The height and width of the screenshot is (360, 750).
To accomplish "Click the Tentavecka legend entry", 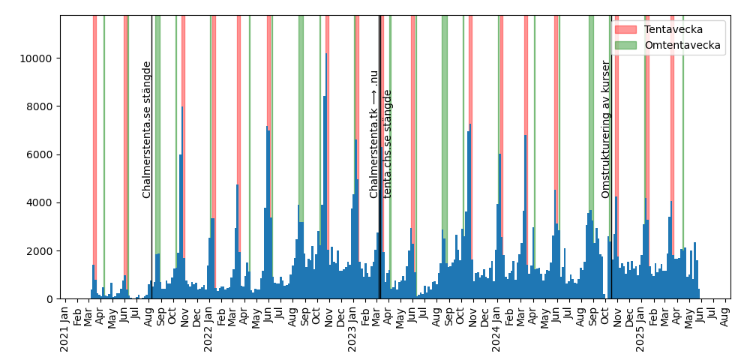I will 673,28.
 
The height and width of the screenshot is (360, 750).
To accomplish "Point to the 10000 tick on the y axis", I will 39,58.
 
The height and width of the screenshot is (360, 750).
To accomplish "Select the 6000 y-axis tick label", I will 42,154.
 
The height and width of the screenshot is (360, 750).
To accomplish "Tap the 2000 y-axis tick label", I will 42,250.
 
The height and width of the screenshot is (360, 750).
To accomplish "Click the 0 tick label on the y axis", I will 51,299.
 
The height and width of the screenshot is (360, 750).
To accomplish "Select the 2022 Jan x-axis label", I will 209,328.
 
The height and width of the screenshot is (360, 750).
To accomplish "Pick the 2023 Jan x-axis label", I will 353,328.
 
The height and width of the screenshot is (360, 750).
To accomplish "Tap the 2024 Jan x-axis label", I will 496,328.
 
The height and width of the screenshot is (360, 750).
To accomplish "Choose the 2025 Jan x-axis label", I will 640,328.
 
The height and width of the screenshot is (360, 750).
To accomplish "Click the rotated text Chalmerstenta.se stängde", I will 147,130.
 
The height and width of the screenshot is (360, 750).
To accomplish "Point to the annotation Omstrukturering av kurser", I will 606,130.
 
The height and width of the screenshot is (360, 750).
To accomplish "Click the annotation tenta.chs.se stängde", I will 388,144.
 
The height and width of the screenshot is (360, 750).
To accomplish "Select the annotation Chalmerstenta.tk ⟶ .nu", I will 373,134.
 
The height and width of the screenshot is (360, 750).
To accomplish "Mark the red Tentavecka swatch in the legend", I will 625,28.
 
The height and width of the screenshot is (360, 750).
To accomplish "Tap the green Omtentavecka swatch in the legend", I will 625,45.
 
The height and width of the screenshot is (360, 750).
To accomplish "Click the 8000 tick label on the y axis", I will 42,106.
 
